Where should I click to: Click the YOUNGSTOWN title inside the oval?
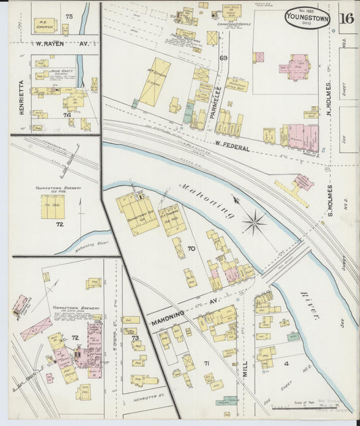tap(307, 18)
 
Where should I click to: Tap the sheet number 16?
tap(347, 18)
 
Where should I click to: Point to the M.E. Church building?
tap(45, 25)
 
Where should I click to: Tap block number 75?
tap(68, 16)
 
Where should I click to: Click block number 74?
tap(67, 115)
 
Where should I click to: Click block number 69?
tap(223, 59)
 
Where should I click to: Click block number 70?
tap(191, 249)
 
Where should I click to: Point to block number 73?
tap(134, 338)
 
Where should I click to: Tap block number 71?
tap(207, 364)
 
